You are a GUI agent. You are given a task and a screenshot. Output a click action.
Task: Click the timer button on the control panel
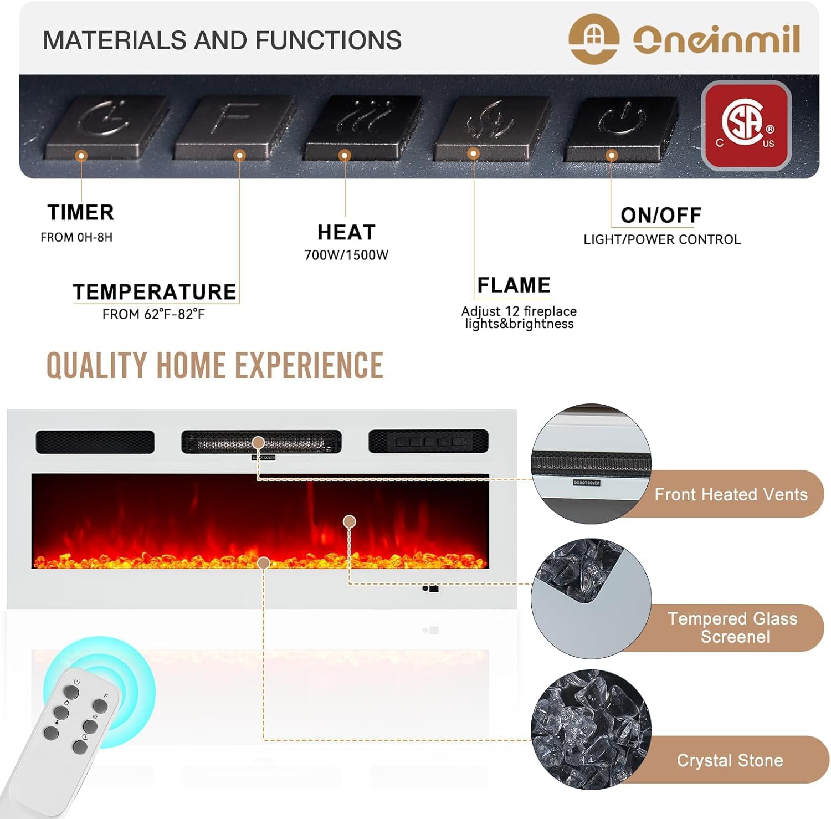[x=106, y=126]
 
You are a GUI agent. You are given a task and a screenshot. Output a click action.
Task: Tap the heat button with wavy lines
[x=363, y=126]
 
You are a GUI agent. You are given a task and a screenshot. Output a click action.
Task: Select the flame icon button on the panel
[x=492, y=127]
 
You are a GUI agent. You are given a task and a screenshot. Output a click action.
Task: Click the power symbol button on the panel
[x=620, y=128]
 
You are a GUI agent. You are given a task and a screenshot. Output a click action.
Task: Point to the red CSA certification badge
[x=746, y=125]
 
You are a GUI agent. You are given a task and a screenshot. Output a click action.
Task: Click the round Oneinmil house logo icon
[x=594, y=39]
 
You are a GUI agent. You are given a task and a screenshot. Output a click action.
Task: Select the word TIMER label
[x=81, y=212]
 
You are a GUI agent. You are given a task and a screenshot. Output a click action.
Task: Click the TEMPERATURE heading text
[x=155, y=292]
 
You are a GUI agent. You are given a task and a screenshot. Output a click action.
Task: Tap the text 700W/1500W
[x=346, y=255]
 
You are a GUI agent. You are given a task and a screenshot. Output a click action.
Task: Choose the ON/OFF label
[x=661, y=215]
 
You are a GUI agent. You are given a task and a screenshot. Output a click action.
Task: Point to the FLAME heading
[x=514, y=285]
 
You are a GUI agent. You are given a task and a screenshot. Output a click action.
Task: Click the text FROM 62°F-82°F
[x=153, y=314]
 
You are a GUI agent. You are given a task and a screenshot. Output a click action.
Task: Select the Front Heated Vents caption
[x=731, y=494]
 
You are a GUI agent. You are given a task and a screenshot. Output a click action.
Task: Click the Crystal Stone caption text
[x=730, y=760]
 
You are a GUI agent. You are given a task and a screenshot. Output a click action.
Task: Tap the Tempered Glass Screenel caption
[x=733, y=627]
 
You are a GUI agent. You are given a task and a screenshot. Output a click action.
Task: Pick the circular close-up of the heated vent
[x=591, y=464]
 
